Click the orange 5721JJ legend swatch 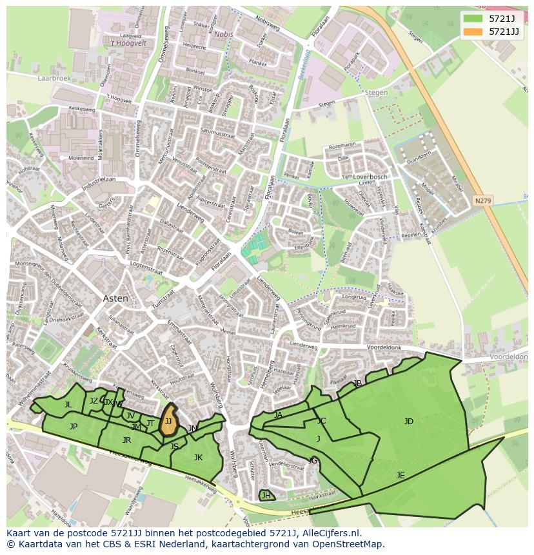473,32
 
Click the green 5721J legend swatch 473,19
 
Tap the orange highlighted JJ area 168,421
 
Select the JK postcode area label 198,458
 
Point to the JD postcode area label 408,422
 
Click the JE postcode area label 400,476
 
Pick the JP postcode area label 74,427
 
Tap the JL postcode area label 68,405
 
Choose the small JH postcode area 266,495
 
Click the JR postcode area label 126,440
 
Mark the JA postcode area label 278,415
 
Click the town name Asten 115,298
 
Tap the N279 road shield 482,200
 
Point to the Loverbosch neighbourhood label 370,177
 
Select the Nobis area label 223,34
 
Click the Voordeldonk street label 383,348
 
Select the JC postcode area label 321,421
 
